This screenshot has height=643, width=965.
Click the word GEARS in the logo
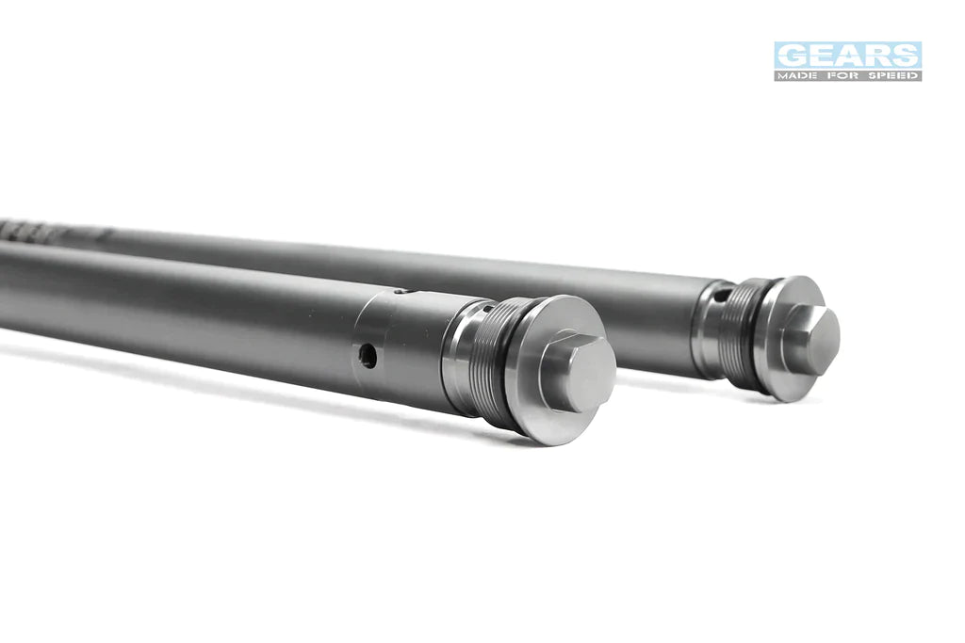tap(847, 56)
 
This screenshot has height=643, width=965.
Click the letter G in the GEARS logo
tap(791, 56)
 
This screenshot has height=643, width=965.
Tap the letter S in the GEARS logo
tap(906, 56)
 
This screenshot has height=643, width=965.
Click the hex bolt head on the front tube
tap(578, 372)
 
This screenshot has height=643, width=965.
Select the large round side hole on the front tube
tap(368, 356)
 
